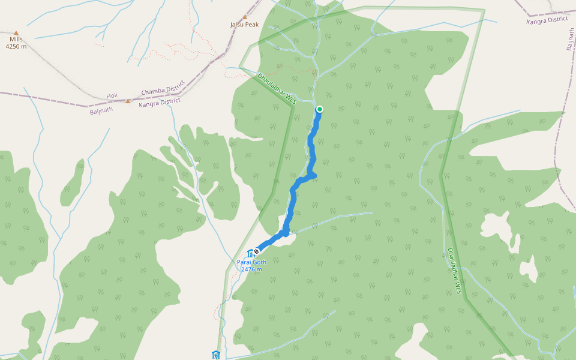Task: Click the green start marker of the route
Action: [320, 109]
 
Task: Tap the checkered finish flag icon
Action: [257, 251]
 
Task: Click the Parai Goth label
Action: [252, 262]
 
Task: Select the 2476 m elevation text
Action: [252, 269]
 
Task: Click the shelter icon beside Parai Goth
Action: [250, 253]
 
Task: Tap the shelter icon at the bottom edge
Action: [215, 355]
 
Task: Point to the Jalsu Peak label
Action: [244, 25]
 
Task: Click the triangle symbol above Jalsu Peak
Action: [245, 17]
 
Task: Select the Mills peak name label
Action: [16, 40]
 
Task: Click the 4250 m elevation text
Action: [16, 46]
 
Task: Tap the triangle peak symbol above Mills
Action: [16, 33]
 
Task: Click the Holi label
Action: [112, 96]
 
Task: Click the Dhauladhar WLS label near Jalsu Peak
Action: [277, 88]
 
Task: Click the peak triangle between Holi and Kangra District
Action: [128, 101]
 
